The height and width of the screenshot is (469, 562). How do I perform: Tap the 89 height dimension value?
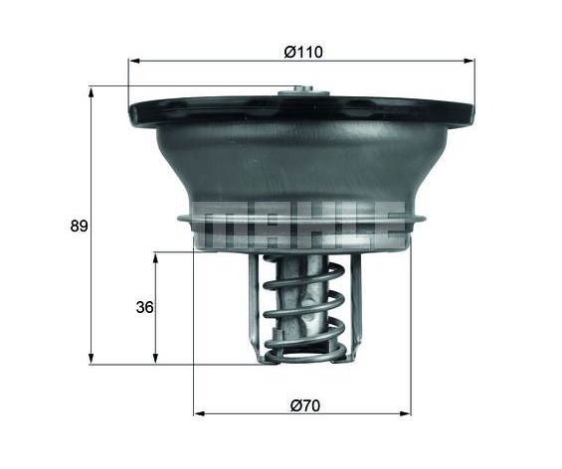80,227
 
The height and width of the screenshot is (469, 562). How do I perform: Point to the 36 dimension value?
144,308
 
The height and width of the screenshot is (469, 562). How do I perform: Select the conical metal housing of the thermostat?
298,164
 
